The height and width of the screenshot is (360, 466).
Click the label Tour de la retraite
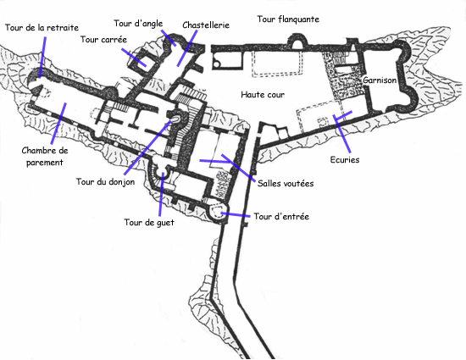[42, 28]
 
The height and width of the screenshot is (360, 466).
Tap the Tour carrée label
[103, 40]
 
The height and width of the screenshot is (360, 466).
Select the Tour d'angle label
[138, 24]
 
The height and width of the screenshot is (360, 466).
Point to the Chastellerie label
[206, 25]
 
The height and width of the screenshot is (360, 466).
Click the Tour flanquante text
[288, 19]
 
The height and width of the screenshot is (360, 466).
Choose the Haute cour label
[263, 95]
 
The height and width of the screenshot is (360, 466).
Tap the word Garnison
[380, 80]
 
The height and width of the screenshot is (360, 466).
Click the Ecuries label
[345, 160]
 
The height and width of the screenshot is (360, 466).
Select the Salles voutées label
[286, 184]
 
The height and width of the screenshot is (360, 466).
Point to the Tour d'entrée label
[281, 216]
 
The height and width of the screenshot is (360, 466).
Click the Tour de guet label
[149, 223]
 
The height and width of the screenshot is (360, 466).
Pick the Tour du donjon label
[106, 181]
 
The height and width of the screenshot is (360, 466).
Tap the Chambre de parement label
[45, 156]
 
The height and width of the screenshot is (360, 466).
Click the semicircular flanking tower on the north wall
[297, 41]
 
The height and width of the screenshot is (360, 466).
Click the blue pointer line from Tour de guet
[161, 194]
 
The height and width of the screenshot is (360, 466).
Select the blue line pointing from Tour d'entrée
[235, 215]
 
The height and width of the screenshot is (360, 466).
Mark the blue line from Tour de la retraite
[42, 58]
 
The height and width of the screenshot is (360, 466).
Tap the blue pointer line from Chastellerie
[187, 48]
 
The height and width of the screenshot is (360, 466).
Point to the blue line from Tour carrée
[134, 57]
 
